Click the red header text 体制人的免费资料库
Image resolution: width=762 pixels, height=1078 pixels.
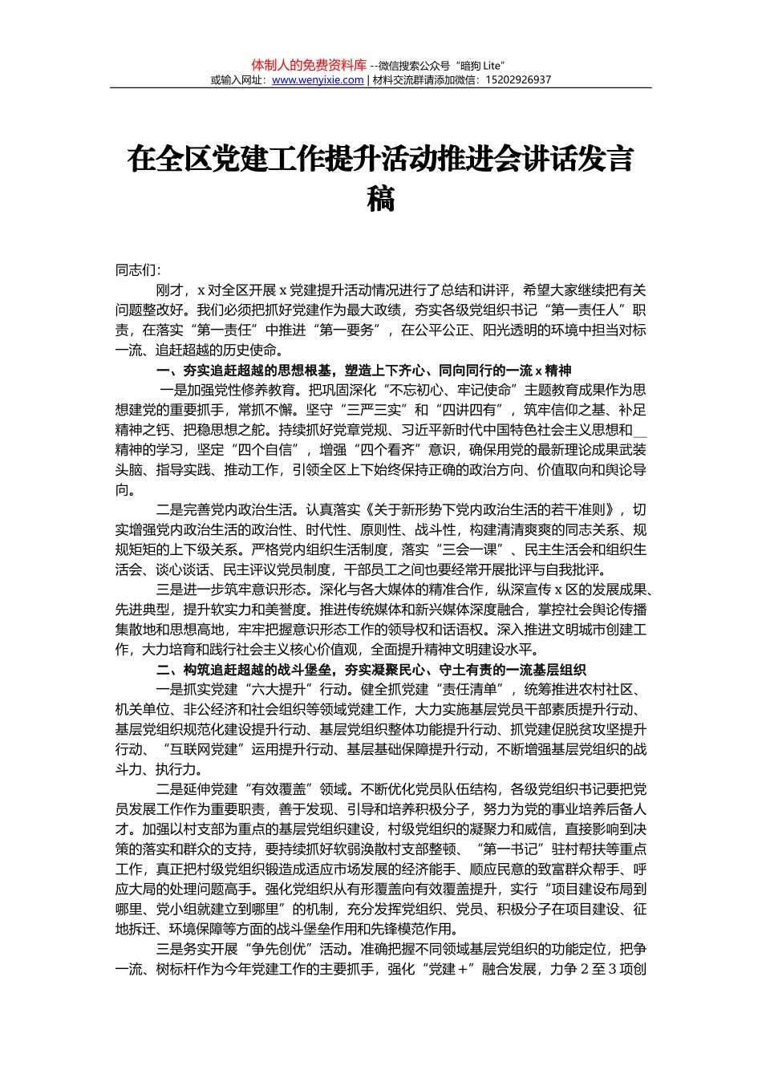309,65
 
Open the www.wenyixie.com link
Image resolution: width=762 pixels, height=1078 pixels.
318,80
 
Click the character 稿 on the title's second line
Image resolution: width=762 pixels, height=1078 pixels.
381,197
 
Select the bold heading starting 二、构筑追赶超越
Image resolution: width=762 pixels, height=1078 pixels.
371,670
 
